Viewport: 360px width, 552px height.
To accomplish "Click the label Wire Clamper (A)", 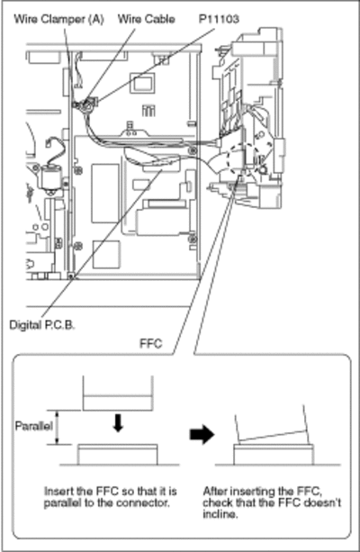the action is tap(58, 19).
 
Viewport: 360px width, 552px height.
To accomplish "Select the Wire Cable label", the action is tap(146, 19).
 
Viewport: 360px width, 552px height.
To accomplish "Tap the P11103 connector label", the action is tap(219, 19).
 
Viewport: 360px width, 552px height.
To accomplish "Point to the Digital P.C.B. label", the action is tap(42, 324).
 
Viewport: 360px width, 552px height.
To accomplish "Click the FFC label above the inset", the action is tap(151, 343).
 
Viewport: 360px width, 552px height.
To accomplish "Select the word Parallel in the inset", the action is tap(34, 426).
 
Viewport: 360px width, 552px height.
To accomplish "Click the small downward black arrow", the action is tap(118, 423).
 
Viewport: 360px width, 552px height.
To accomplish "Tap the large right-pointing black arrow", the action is tap(202, 434).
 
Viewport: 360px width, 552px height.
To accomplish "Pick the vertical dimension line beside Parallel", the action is tap(58, 427).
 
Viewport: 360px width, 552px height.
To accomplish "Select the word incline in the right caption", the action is tap(220, 514).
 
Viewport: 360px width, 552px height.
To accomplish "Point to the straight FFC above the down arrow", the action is tap(118, 394).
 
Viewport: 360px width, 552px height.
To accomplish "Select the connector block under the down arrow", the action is tap(118, 455).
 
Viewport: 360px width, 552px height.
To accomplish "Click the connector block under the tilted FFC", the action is tap(274, 455).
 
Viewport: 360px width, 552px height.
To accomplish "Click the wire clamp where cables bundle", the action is tap(84, 104).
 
